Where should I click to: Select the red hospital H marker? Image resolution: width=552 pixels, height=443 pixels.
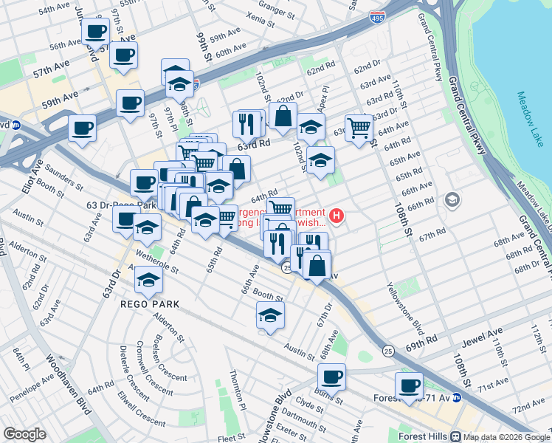point(337,216)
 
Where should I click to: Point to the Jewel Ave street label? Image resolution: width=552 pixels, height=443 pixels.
point(484,337)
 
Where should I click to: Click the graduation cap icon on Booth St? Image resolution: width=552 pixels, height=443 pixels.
point(271,315)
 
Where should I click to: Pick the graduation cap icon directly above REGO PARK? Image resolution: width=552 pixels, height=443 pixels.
point(149,279)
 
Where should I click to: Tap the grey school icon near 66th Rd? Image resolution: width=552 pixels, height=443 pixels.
point(452,200)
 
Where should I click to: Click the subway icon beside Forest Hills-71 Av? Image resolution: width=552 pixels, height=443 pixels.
point(457,397)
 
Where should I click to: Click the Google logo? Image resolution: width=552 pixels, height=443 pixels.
point(24,433)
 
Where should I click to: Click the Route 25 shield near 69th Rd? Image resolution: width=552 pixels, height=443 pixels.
point(387,348)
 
